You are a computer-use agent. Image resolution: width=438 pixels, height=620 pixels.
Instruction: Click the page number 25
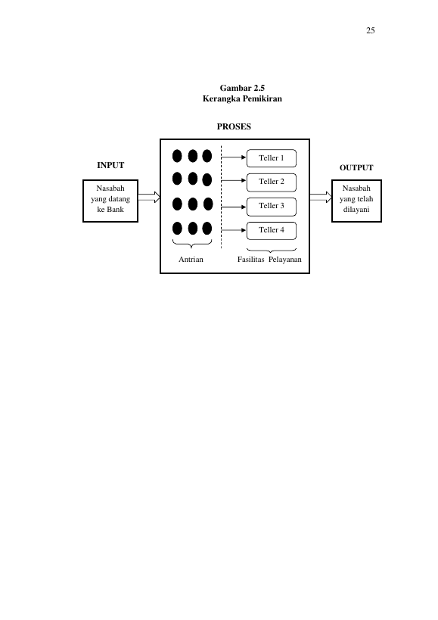coord(371,30)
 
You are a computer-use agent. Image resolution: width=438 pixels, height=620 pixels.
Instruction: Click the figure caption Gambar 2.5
coord(242,88)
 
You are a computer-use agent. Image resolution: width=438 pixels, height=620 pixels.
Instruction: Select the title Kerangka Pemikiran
coord(242,98)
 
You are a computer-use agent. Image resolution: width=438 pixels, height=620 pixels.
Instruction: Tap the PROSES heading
coord(234,126)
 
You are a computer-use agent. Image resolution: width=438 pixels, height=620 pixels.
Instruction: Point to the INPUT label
coord(110,165)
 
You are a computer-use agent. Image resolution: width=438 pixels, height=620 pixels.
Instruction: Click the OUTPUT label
coord(356,167)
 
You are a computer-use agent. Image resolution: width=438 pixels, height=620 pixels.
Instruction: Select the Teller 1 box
coord(272,158)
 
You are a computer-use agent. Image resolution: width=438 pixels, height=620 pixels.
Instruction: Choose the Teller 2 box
coord(272,182)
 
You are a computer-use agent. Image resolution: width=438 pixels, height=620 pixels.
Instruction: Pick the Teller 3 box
coord(272,207)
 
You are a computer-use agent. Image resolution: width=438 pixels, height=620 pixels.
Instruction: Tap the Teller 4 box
coord(272,231)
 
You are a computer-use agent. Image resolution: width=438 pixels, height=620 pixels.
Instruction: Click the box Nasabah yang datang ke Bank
coord(110,201)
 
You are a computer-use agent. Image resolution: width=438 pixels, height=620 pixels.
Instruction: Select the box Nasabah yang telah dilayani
coord(356,201)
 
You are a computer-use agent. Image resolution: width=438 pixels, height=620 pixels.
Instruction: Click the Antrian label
coord(191,260)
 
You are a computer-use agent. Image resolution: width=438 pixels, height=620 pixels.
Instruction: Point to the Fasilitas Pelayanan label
coord(269,260)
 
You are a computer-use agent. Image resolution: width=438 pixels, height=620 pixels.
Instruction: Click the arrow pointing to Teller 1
coord(234,157)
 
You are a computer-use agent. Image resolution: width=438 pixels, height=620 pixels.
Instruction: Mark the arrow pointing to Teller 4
coord(234,230)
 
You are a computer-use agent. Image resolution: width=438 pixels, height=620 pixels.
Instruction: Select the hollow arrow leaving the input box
coord(149,198)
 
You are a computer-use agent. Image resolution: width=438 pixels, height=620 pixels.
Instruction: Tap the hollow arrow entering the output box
coord(321,198)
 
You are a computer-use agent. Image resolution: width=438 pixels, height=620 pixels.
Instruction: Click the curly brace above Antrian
coord(192,244)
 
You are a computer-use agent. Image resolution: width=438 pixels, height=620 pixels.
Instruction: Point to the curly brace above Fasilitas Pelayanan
coord(272,251)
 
